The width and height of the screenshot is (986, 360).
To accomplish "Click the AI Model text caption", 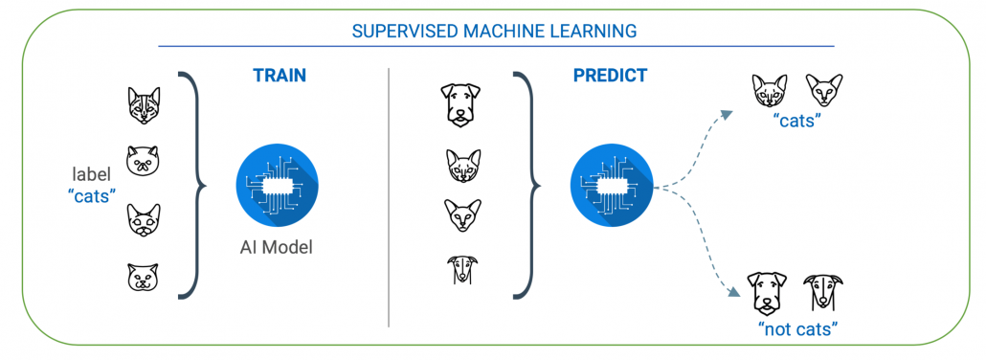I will [276, 247].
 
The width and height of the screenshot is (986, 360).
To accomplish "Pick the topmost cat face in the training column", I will [144, 106].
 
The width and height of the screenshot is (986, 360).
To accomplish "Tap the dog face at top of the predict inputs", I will [459, 103].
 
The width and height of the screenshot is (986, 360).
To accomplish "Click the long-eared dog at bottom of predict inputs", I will [459, 271].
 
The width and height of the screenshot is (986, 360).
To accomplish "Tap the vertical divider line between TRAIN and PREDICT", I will [389, 191].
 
